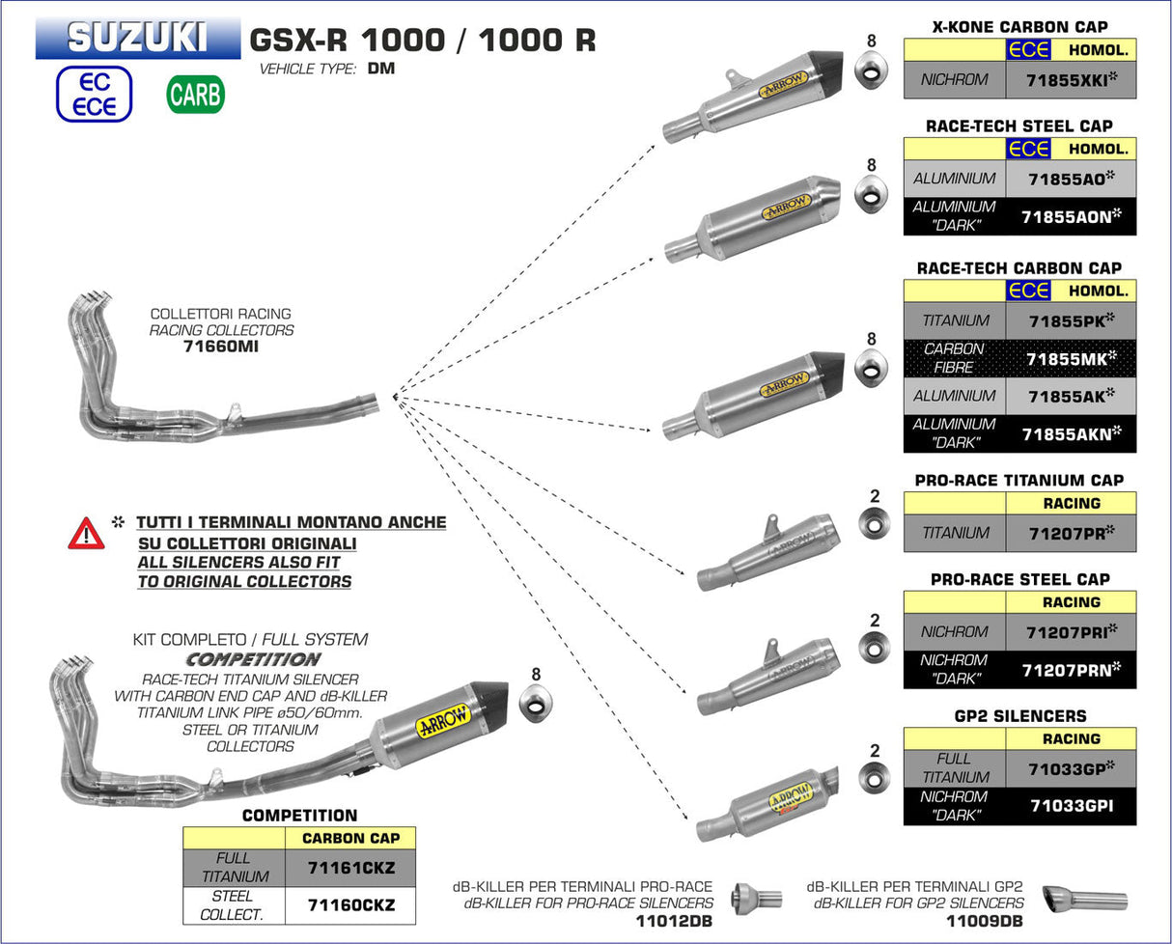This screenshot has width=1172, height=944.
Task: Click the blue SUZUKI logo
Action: tap(137, 38)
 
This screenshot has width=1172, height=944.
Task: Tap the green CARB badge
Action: tap(195, 95)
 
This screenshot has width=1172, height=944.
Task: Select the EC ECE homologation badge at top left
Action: tap(93, 95)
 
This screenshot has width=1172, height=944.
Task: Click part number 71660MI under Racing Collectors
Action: tap(220, 346)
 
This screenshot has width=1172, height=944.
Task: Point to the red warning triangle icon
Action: tap(86, 533)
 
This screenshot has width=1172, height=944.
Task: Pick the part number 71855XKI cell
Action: tap(1071, 80)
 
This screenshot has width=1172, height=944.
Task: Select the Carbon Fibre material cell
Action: tap(954, 358)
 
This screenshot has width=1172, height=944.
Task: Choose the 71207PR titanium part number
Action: tap(1071, 533)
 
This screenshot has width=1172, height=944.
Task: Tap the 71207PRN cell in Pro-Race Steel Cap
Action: tap(1071, 669)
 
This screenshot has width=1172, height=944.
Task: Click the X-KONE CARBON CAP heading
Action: tap(1019, 27)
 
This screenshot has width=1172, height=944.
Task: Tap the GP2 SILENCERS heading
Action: tap(1019, 716)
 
